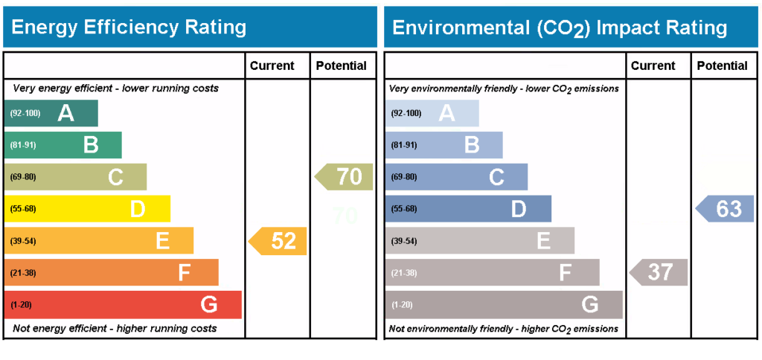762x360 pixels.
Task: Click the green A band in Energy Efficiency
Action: coord(52,113)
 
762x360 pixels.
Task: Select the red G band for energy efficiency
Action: coord(123,304)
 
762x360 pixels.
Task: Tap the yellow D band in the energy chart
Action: coord(88,209)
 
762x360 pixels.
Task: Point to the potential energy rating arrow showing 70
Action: coord(345,177)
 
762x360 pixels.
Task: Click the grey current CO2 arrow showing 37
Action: coord(659,272)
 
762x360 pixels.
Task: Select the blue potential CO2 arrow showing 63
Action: coord(725,209)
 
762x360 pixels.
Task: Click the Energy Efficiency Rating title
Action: coord(129,28)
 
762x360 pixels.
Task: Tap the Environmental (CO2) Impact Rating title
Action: coord(560,28)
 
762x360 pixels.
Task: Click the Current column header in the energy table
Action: coord(272,65)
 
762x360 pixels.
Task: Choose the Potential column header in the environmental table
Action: coord(723,65)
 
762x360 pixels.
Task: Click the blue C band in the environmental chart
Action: coord(457,177)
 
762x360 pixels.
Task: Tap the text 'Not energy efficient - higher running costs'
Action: coord(115,328)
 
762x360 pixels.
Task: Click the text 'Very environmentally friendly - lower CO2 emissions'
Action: coord(504,89)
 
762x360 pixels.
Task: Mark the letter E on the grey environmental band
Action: coord(544,241)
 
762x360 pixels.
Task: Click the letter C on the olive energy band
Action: coord(115,177)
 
